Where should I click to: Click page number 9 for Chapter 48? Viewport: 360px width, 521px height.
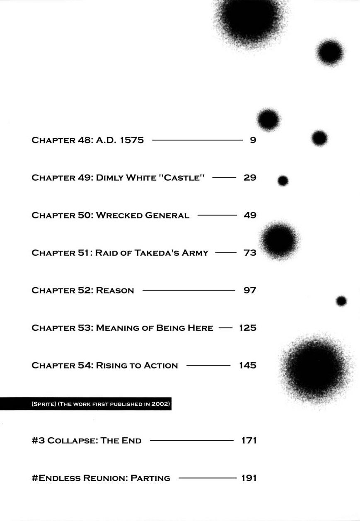tap(253, 140)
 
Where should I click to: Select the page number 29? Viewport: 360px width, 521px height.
tap(250, 178)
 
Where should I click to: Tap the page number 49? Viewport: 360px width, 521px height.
tap(250, 216)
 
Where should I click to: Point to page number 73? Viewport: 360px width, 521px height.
tap(250, 253)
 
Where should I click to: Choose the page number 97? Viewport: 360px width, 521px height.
tap(250, 291)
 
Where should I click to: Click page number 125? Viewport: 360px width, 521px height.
tap(248, 328)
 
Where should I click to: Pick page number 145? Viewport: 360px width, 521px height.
tap(248, 366)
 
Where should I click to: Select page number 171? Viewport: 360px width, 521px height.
tap(249, 440)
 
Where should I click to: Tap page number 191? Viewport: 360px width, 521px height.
tap(249, 478)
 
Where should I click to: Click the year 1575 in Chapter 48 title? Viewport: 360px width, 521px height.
tap(131, 140)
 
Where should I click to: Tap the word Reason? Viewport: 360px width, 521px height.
tap(115, 291)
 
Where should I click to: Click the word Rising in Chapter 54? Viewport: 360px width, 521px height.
tap(111, 366)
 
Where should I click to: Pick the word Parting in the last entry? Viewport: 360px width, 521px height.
tap(150, 478)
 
